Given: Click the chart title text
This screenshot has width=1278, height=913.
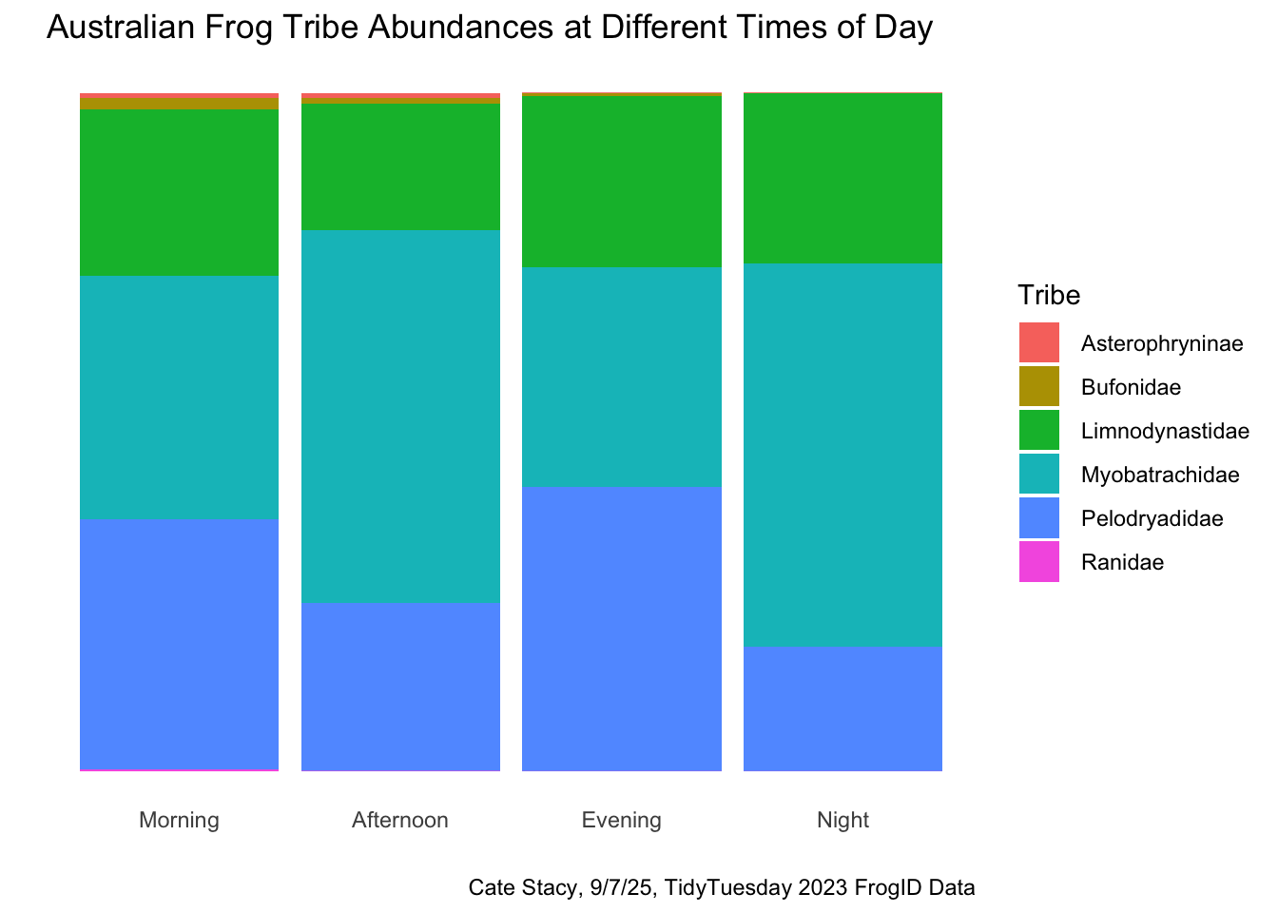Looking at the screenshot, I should click(490, 29).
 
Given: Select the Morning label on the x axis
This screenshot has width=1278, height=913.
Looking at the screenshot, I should click(179, 820).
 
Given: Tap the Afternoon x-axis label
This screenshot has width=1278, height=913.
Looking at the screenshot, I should click(400, 820).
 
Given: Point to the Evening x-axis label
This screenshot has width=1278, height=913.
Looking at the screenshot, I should click(622, 820).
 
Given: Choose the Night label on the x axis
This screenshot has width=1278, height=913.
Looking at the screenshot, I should click(843, 820).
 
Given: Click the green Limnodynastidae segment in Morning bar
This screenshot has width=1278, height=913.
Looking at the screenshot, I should click(179, 192).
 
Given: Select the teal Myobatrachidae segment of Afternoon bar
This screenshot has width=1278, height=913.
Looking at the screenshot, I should click(400, 416).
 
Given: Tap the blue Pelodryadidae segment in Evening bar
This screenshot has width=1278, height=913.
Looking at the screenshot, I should click(622, 628).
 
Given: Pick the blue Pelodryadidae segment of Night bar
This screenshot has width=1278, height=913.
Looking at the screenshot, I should click(843, 708).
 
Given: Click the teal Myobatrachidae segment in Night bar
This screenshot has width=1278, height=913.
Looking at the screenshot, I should click(843, 455).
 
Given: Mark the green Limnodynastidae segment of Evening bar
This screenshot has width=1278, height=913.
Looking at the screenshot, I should click(622, 182).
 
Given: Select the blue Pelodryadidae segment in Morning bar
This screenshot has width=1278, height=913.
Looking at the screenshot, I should click(179, 643).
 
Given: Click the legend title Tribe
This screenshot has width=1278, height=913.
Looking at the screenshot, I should click(1049, 296).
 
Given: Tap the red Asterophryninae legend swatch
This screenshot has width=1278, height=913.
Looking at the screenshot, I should click(1038, 343).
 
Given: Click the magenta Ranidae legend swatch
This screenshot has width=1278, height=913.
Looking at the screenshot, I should click(1038, 562).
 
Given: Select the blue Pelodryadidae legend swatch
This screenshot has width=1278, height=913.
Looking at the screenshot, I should click(1038, 518).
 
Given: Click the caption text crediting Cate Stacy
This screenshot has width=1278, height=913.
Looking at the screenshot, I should click(722, 888).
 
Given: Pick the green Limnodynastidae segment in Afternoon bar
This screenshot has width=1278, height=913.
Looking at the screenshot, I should click(400, 166).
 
